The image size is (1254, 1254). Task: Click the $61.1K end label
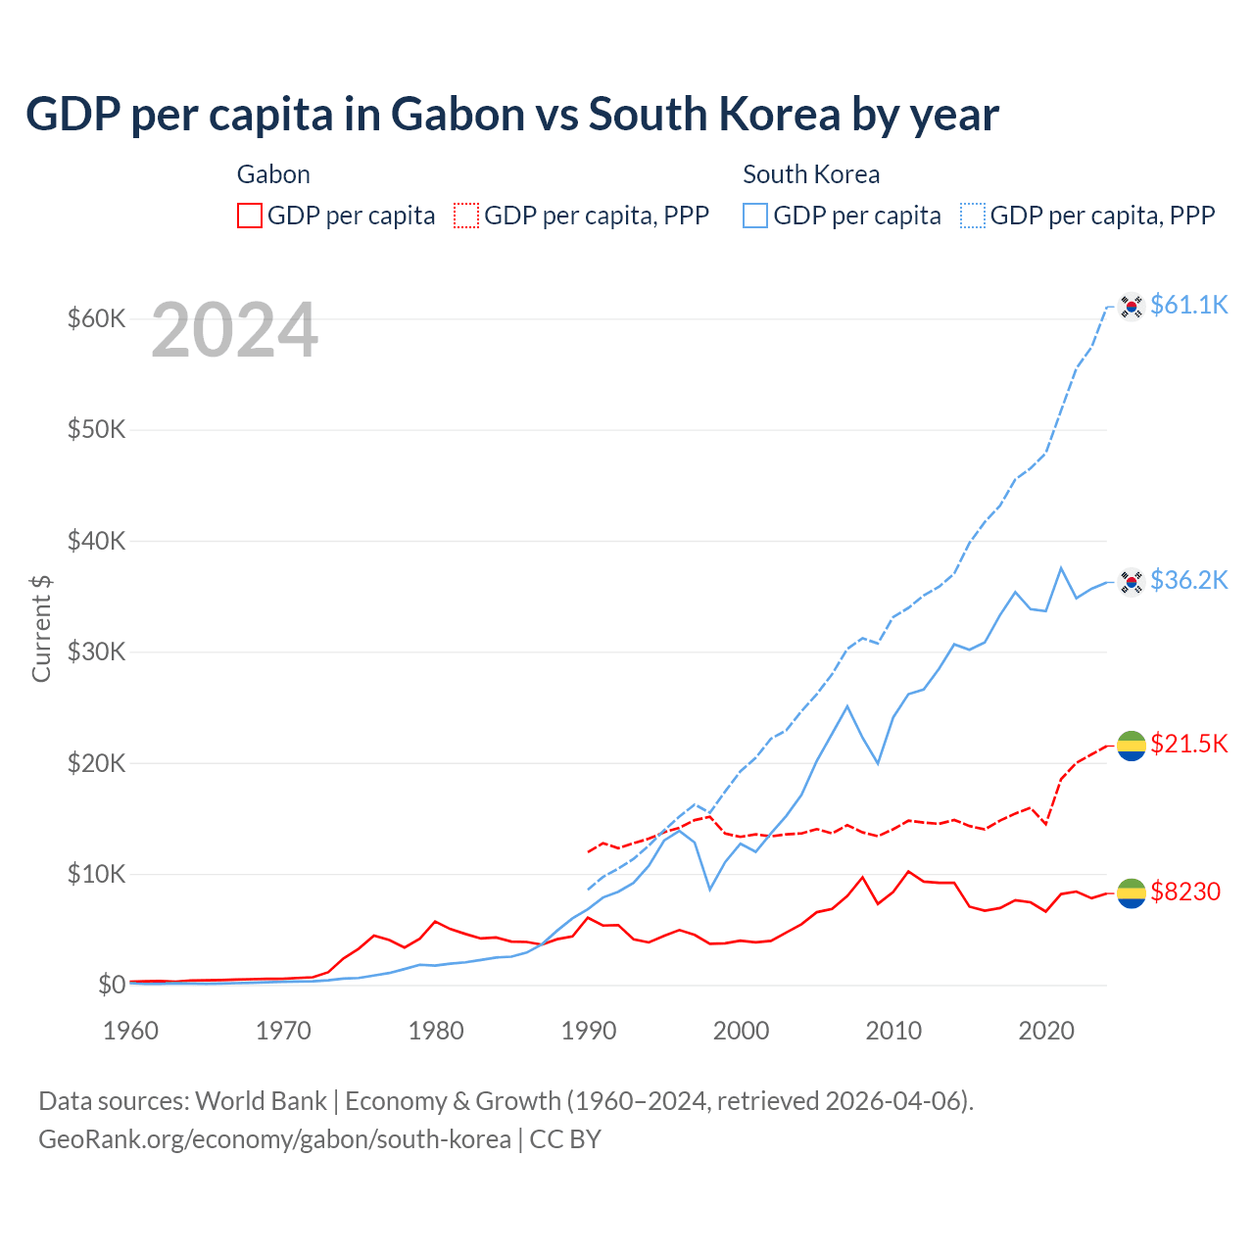coord(1188,305)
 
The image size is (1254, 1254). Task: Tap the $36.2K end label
coord(1188,580)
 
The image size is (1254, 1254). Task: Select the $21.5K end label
coord(1188,744)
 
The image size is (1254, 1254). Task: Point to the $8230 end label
coord(1184,892)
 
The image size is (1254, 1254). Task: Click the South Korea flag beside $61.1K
coord(1132,307)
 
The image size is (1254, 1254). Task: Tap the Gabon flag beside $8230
coord(1132,892)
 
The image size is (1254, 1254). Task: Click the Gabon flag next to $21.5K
coord(1132,746)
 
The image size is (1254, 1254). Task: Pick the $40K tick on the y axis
coord(96,541)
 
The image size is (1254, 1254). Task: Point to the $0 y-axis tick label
coord(111,985)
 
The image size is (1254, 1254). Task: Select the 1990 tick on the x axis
coord(589,1031)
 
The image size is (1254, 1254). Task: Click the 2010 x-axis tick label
coord(893,1031)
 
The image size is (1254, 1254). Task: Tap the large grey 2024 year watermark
coord(234,330)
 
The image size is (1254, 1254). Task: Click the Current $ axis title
coord(41,628)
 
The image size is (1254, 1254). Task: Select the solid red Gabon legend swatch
coord(250,216)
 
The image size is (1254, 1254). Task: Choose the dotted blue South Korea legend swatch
coord(973,216)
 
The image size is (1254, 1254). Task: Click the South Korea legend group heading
coord(811,174)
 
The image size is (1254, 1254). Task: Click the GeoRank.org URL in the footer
coord(274,1139)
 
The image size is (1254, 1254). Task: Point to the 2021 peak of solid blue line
coord(1061,567)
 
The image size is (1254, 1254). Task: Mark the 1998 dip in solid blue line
coord(710,890)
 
